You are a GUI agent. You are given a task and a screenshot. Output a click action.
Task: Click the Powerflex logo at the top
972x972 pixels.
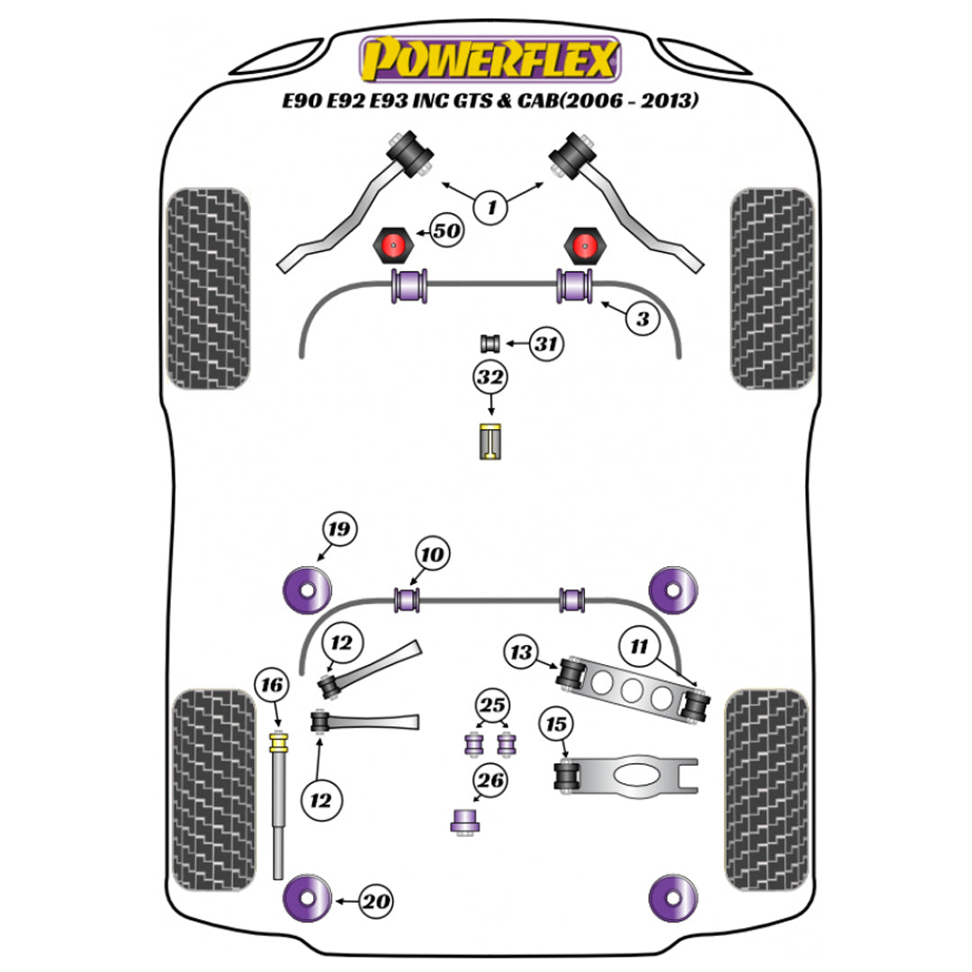pyautogui.click(x=490, y=59)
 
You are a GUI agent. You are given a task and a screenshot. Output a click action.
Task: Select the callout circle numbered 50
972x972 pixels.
pyautogui.click(x=445, y=231)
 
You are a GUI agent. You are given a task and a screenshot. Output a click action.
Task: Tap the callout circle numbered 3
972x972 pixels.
pyautogui.click(x=642, y=318)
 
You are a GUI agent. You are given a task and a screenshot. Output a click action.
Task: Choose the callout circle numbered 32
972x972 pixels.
pyautogui.click(x=490, y=378)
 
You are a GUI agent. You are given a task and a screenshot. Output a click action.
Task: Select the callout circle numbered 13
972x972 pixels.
pyautogui.click(x=521, y=651)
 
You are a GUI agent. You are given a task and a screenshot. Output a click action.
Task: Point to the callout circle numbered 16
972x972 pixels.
pyautogui.click(x=271, y=687)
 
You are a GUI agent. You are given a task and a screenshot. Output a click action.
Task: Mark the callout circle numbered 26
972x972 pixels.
pyautogui.click(x=490, y=781)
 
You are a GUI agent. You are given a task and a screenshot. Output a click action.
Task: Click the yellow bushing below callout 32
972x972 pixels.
pyautogui.click(x=490, y=440)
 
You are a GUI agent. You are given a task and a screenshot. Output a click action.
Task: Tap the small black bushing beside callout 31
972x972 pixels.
pyautogui.click(x=490, y=343)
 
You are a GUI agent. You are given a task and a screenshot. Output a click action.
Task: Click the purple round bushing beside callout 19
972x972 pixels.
pyautogui.click(x=304, y=590)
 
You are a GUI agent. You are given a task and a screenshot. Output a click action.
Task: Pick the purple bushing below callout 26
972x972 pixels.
pyautogui.click(x=464, y=820)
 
